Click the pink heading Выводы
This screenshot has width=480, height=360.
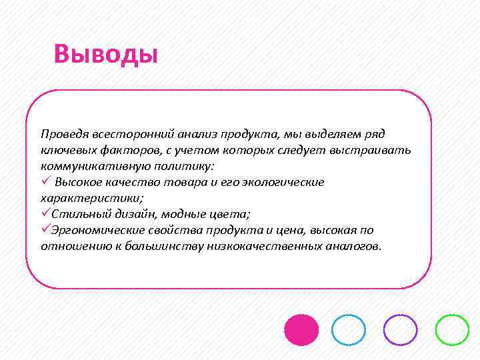(x=106, y=54)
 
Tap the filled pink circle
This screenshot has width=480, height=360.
(x=301, y=329)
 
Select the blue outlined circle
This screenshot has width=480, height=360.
(x=349, y=329)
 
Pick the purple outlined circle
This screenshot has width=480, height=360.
(x=401, y=329)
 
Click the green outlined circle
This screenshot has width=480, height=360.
(x=452, y=329)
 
